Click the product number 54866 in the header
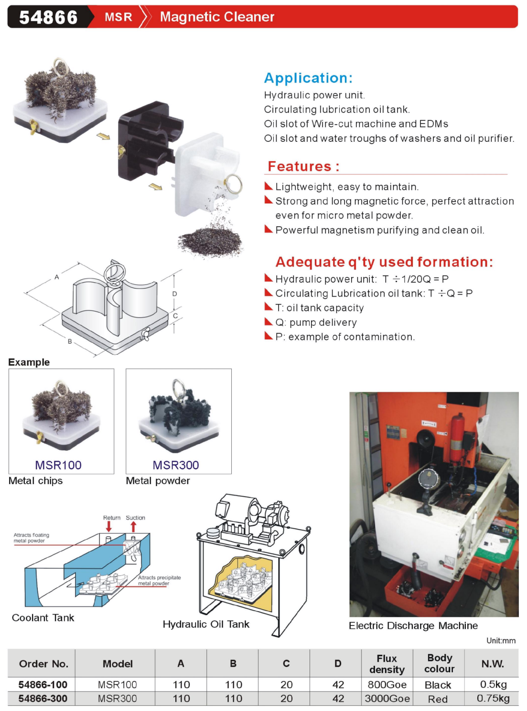tap(48, 17)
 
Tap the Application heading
tap(308, 78)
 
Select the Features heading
tap(303, 166)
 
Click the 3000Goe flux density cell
tap(387, 699)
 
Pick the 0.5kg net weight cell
tap(493, 684)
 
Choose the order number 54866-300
tap(43, 699)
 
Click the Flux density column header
tap(387, 664)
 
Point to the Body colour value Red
tap(438, 699)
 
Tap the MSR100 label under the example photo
tap(58, 465)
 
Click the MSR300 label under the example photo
tap(176, 465)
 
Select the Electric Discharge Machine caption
tap(413, 626)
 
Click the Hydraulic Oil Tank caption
tap(206, 624)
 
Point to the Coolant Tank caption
tap(43, 618)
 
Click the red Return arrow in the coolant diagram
tap(109, 526)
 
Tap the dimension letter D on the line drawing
tap(175, 294)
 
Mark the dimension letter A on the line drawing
tap(57, 277)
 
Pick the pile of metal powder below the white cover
tap(210, 240)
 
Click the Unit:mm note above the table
tap(501, 641)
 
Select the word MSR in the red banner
tap(118, 17)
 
